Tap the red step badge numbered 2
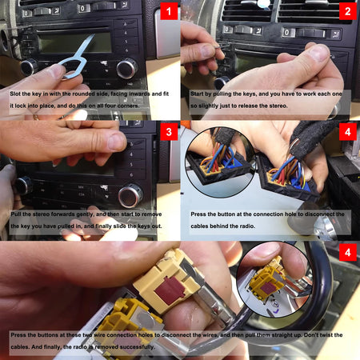347,12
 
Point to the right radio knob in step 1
126,68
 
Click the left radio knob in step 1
29,67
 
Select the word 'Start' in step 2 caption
200,94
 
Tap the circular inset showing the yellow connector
274,279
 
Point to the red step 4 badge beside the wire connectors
347,132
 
